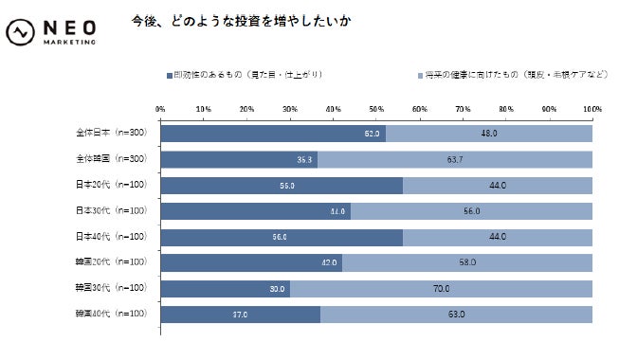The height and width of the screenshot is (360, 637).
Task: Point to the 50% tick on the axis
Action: tap(375, 110)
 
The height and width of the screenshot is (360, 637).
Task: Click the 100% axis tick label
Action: tap(591, 110)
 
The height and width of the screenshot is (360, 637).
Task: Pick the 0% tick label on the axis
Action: tap(160, 110)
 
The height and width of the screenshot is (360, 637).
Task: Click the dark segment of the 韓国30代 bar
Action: tap(225, 287)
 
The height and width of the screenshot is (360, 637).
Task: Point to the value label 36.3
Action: tap(305, 160)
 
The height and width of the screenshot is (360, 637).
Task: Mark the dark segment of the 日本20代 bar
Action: tap(281, 185)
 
